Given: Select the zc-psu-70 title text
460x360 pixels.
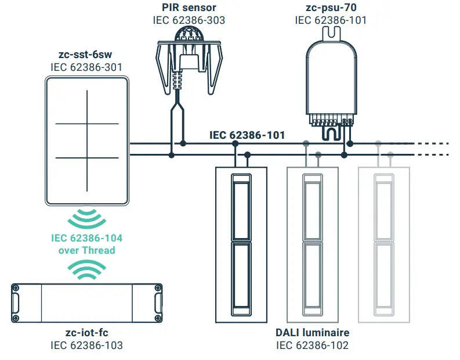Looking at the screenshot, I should click(331, 8).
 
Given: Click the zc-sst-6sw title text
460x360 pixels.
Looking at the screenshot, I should click(86, 55).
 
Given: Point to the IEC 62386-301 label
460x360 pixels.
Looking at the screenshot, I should click(86, 67).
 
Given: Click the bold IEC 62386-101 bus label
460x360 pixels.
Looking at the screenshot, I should click(247, 135).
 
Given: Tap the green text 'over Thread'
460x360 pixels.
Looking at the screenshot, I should click(86, 250).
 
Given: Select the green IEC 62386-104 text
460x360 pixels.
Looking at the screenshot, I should click(86, 238).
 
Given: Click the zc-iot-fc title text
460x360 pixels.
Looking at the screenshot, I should click(86, 333).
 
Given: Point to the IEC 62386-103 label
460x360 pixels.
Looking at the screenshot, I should click(86, 345).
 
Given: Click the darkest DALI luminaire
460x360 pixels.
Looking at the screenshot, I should click(241, 244).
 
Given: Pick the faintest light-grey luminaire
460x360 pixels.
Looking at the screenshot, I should click(384, 244).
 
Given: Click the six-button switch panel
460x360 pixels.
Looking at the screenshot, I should click(86, 141).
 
